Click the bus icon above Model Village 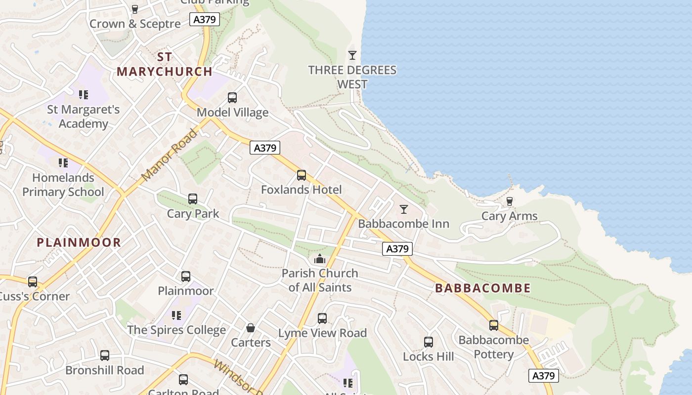(232, 98)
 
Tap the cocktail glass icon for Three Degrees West (352, 55)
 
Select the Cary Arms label (509, 216)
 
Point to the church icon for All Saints (320, 259)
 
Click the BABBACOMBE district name (482, 288)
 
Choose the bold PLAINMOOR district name (79, 242)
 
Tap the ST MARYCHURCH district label (165, 64)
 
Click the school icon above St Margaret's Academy (83, 94)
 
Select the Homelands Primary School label (63, 185)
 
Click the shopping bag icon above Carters (251, 328)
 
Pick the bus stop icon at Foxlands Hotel (302, 175)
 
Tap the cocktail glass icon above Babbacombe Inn (404, 209)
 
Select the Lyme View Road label (322, 333)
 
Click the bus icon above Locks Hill (429, 342)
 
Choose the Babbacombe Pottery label (493, 347)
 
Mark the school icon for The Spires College (176, 315)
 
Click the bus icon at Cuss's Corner (33, 282)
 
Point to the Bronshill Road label (105, 370)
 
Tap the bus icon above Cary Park (193, 199)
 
